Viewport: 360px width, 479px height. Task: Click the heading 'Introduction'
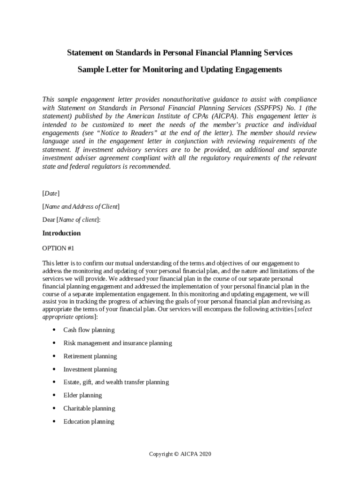pos(61,233)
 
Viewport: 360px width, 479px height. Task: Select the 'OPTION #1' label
pos(58,248)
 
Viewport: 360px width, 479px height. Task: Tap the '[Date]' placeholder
pos(51,193)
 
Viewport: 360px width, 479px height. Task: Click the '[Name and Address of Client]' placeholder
pos(81,206)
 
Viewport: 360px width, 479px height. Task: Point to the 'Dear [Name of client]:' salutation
pos(72,219)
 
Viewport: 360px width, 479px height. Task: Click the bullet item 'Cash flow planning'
pos(89,330)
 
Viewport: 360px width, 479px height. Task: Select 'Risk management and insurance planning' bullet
pos(117,343)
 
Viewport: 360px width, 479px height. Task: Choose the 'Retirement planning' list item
pos(90,356)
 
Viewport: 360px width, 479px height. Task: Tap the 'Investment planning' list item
pos(90,369)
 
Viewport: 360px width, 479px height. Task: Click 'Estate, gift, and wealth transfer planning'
pos(116,382)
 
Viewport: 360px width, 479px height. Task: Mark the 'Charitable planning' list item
pos(89,408)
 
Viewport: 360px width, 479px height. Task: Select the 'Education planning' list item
pos(89,421)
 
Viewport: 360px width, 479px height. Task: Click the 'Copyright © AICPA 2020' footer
pos(180,454)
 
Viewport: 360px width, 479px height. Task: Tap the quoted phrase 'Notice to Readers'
pos(117,133)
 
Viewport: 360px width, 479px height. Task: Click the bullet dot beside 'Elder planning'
pos(54,395)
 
